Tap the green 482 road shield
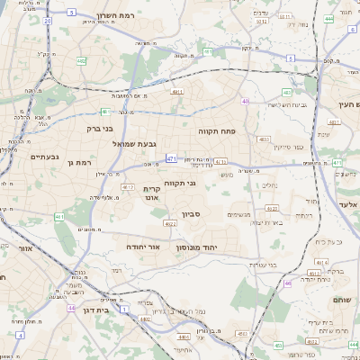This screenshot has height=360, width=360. [82, 62]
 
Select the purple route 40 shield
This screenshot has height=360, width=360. [245, 102]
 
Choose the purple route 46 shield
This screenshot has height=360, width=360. [288, 283]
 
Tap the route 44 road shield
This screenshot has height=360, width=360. [71, 308]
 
